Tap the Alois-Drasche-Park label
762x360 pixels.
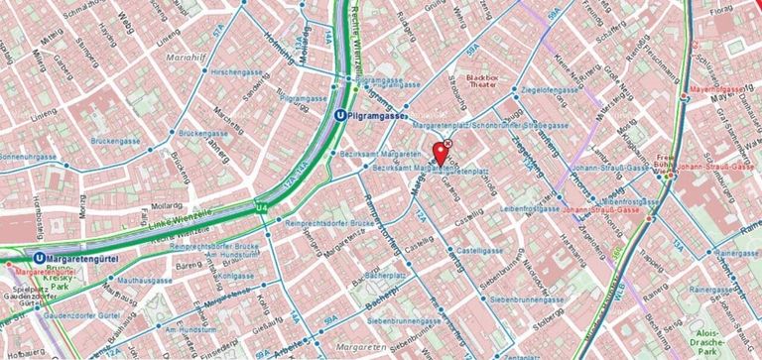click(706, 342)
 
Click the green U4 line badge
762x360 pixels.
click(261, 206)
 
